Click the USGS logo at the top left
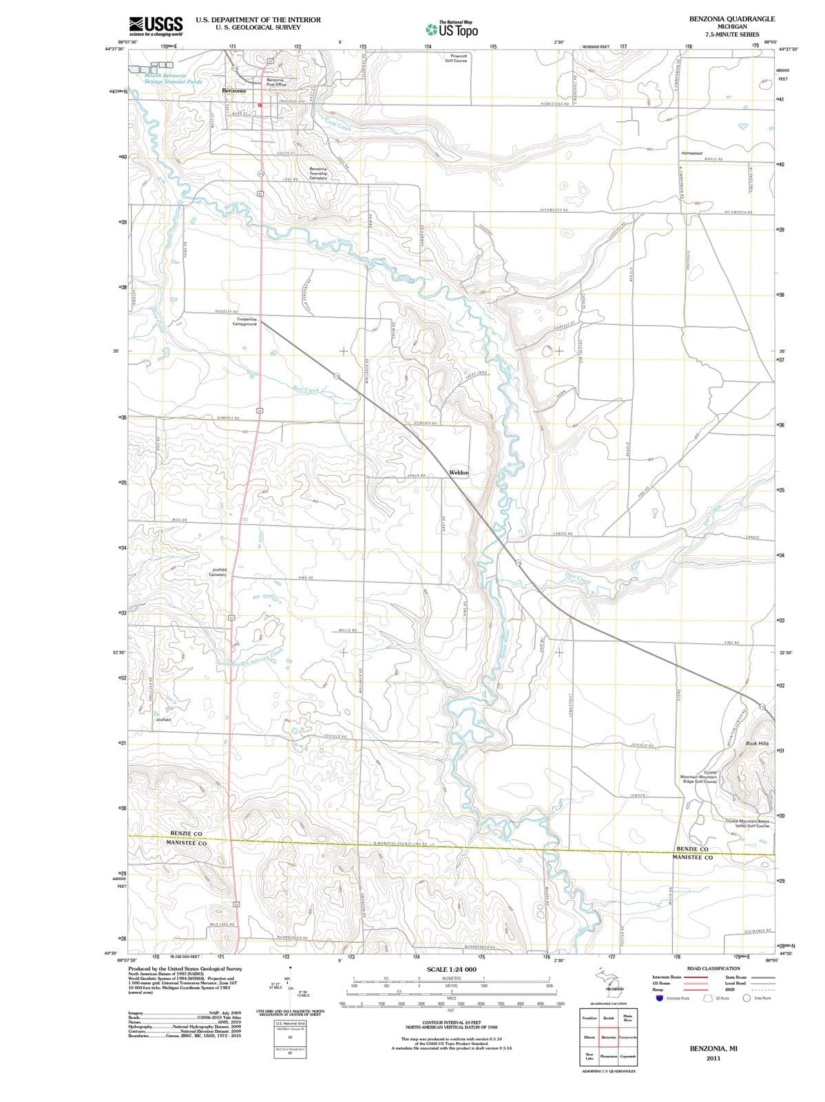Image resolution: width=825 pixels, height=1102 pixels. pyautogui.click(x=156, y=25)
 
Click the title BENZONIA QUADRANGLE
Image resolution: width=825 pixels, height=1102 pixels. pyautogui.click(x=731, y=19)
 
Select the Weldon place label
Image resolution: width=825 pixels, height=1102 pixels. pyautogui.click(x=459, y=472)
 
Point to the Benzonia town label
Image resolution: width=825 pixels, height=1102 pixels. pyautogui.click(x=234, y=90)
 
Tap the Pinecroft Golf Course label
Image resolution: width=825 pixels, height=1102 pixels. pyautogui.click(x=455, y=58)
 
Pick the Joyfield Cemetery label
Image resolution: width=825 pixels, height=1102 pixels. pyautogui.click(x=219, y=572)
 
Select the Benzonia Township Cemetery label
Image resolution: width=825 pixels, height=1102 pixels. pyautogui.click(x=318, y=174)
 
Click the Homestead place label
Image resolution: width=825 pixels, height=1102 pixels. pyautogui.click(x=691, y=153)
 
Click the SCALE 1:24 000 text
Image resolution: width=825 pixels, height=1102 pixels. pyautogui.click(x=452, y=969)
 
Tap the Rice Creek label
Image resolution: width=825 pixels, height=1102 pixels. pyautogui.click(x=305, y=390)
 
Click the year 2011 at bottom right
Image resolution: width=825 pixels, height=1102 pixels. pyautogui.click(x=713, y=1059)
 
